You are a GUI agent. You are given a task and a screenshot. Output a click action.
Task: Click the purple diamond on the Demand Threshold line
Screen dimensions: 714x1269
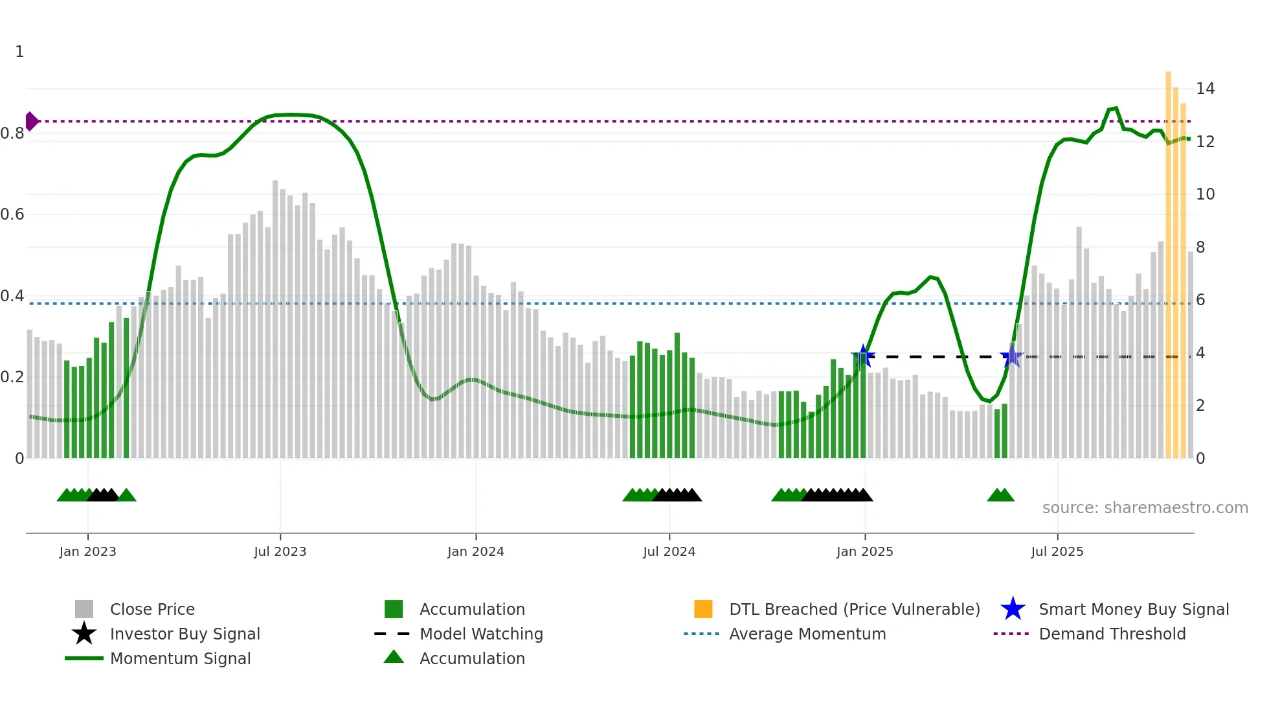[x=32, y=121]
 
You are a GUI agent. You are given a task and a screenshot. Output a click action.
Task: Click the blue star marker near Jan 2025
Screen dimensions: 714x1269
[x=863, y=356]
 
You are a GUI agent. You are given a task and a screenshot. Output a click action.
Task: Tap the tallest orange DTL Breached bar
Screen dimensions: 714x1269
[x=1168, y=266]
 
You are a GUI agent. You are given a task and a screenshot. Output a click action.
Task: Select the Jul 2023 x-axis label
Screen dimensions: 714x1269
[x=280, y=551]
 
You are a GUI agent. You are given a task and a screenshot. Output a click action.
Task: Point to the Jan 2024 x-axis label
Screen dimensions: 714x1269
[x=475, y=551]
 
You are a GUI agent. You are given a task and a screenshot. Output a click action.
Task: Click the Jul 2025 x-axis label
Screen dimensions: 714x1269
[x=1057, y=551]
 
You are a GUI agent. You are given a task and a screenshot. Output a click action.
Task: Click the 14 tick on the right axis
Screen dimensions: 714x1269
[x=1205, y=89]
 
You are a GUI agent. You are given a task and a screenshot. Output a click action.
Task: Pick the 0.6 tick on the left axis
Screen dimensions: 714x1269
[x=13, y=214]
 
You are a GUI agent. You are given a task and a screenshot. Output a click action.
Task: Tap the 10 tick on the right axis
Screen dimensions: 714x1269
[x=1205, y=194]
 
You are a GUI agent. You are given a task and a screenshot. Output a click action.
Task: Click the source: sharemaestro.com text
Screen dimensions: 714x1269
[x=1145, y=508]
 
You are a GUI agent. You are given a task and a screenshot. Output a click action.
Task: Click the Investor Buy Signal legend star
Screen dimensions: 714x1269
[x=84, y=634]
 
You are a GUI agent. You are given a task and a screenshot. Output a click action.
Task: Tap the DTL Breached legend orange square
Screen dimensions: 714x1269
[x=703, y=609]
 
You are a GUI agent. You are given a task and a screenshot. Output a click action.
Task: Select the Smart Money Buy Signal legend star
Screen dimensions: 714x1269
[x=1013, y=609]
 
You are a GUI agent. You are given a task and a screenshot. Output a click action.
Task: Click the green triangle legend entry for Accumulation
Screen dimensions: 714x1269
[x=394, y=658]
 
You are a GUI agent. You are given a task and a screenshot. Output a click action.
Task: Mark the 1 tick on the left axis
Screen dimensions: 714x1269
[x=19, y=52]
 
